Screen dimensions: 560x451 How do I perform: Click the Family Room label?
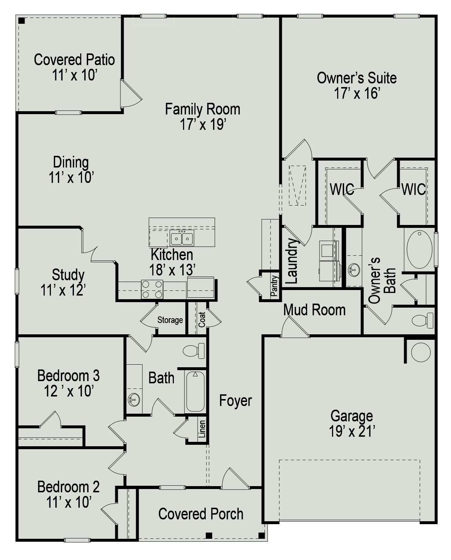[x=202, y=109]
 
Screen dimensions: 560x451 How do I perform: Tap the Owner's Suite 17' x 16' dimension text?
[x=357, y=94]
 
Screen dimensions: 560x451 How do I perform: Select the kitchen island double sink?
[x=182, y=238]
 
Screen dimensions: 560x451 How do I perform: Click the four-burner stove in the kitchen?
[x=152, y=289]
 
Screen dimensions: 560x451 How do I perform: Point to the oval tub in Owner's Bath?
[x=419, y=249]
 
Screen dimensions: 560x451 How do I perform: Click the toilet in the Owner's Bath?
[x=422, y=320]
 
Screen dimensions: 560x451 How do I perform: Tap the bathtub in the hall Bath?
[x=195, y=391]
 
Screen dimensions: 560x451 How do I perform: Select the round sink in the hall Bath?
[x=134, y=399]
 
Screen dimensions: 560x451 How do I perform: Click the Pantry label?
[x=274, y=286]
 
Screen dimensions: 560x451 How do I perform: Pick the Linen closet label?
[x=202, y=429]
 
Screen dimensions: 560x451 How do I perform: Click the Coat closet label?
[x=202, y=319]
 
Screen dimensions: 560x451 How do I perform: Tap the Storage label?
[x=170, y=320]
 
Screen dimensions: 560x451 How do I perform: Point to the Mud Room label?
[x=314, y=310]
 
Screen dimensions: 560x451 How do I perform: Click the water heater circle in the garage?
[x=421, y=352]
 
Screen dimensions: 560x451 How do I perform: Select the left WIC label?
[x=342, y=189]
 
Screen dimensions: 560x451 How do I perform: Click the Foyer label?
[x=235, y=401]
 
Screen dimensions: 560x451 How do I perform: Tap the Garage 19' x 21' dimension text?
[x=352, y=432]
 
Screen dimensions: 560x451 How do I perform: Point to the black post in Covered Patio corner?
[x=22, y=21]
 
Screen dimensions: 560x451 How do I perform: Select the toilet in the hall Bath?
[x=194, y=351]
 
